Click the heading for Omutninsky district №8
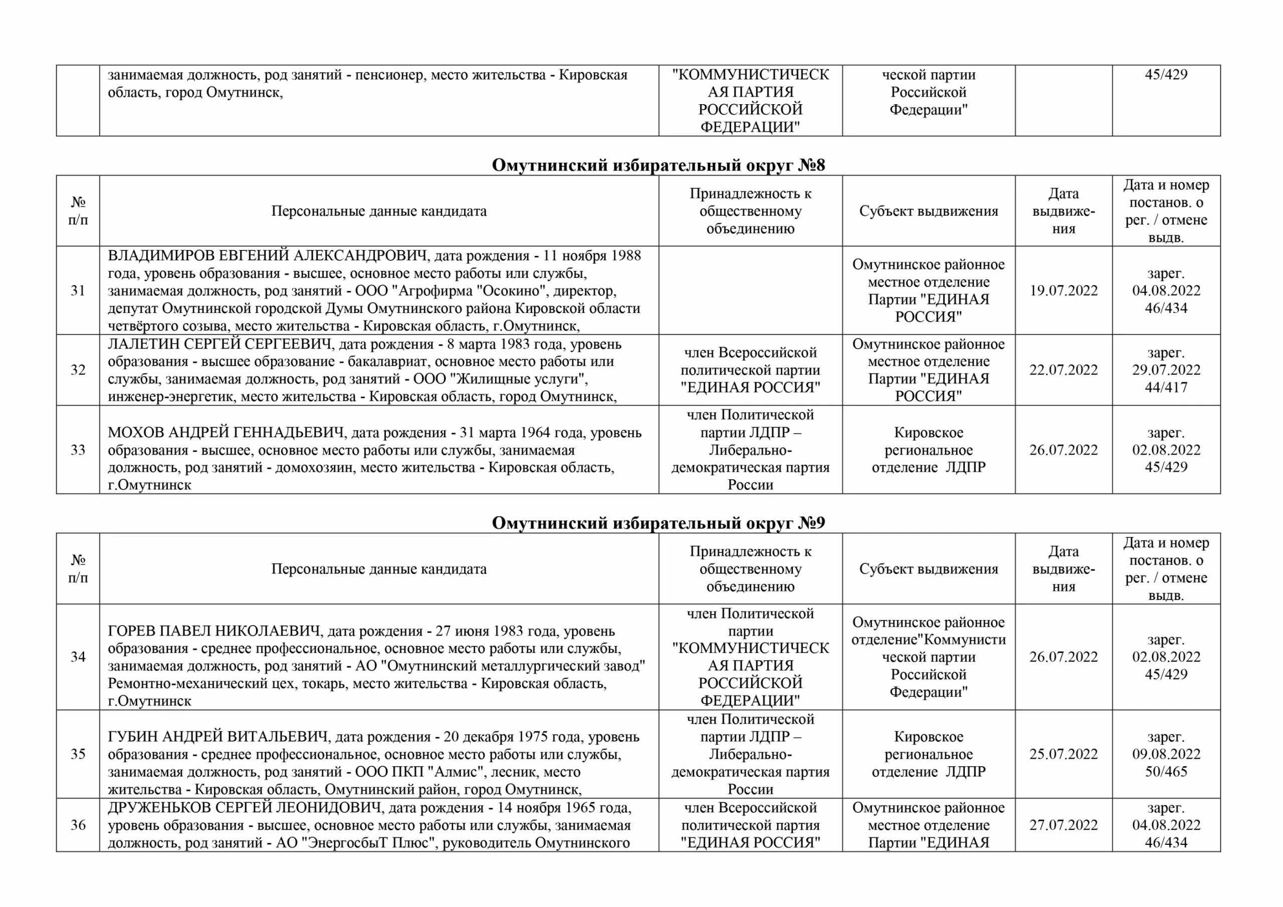(x=658, y=165)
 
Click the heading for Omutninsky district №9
(x=658, y=523)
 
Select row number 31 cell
(x=78, y=290)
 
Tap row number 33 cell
(x=78, y=450)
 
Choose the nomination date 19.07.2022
(x=1063, y=290)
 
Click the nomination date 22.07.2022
(x=1063, y=370)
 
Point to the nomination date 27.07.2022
(x=1063, y=825)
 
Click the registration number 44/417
(x=1166, y=387)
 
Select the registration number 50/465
(x=1166, y=771)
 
